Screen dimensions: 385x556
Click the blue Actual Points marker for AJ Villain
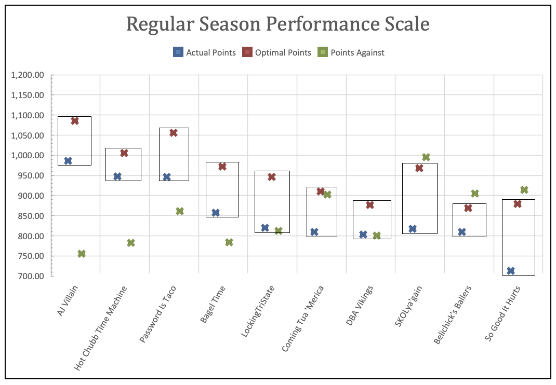(68, 161)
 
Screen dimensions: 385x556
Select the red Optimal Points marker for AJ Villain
(75, 121)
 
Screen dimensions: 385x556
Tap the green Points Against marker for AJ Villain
(82, 254)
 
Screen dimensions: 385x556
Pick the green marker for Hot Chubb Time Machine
(131, 243)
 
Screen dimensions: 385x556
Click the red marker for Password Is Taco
(174, 133)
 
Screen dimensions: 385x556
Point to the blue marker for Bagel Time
(216, 213)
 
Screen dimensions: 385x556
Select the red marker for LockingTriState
(272, 177)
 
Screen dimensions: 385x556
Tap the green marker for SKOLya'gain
(426, 157)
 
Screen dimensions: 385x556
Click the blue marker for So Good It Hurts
(511, 271)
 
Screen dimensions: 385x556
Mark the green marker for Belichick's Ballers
(475, 194)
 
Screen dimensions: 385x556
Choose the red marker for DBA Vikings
(370, 205)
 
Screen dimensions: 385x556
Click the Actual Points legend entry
(205, 52)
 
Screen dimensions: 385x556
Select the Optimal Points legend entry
(277, 52)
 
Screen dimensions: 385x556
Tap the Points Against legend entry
(351, 52)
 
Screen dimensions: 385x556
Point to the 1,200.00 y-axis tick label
(28, 75)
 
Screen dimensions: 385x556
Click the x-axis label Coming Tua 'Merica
(303, 318)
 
